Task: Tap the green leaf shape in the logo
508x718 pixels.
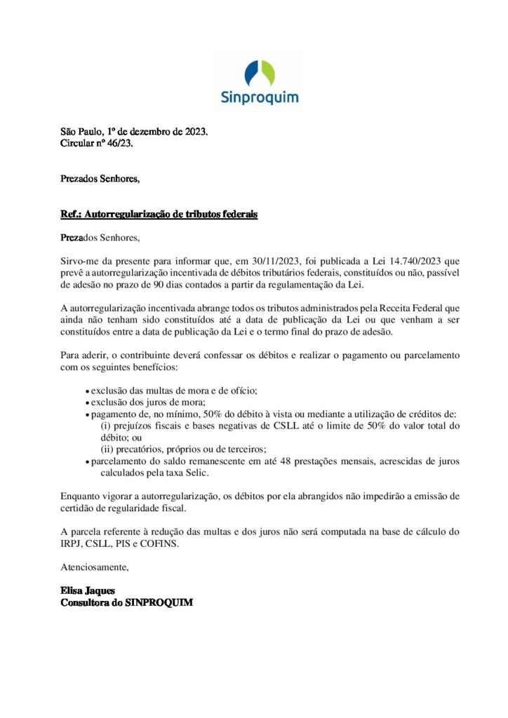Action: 267,72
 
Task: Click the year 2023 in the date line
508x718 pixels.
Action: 194,131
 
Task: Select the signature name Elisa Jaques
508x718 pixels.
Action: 87,590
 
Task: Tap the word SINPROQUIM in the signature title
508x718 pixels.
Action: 159,602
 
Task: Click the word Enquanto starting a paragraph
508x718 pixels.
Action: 82,496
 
